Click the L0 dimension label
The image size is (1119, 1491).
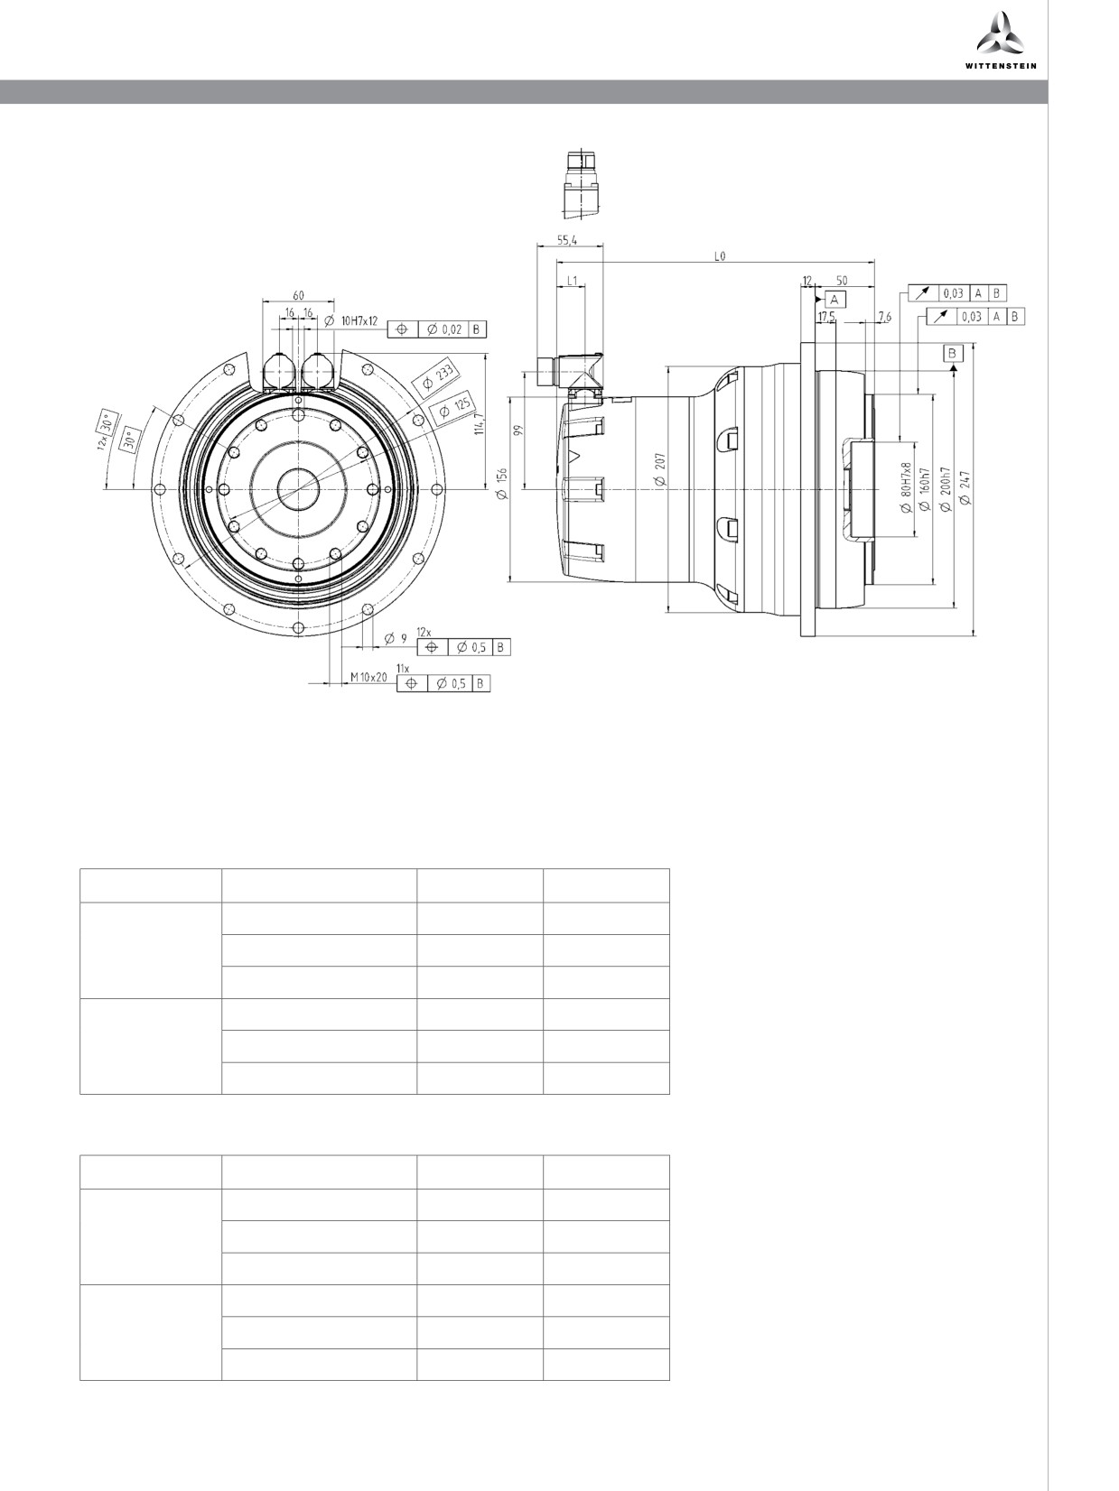[x=720, y=256]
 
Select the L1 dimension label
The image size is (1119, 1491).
[x=572, y=281]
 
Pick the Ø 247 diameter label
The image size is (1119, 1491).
[x=965, y=487]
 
